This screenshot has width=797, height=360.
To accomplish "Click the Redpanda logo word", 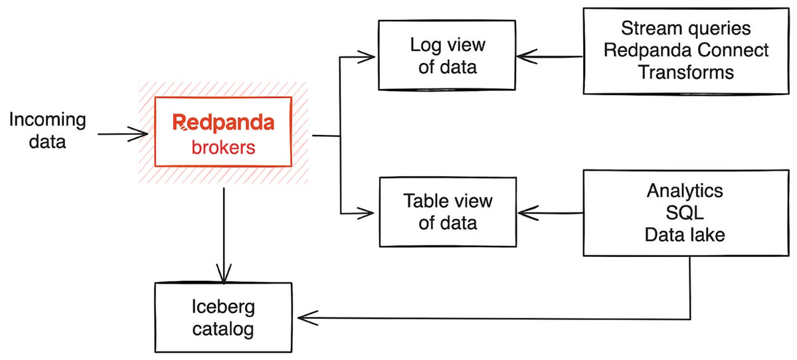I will click(222, 123).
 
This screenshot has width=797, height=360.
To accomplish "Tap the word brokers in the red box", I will click(223, 147).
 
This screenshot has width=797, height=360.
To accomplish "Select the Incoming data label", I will click(47, 131).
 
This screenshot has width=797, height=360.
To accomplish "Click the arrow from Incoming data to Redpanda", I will click(122, 135).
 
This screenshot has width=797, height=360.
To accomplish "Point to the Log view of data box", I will click(447, 56).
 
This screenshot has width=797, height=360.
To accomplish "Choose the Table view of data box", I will click(447, 212).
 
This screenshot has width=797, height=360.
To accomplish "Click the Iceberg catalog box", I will click(222, 317).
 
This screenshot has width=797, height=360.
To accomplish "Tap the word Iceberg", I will click(222, 307).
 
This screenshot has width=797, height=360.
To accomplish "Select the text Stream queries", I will click(686, 29).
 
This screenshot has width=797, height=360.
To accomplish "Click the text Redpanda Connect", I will click(686, 50).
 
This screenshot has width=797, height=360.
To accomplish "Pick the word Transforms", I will click(686, 72).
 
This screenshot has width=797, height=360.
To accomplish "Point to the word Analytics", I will click(684, 191).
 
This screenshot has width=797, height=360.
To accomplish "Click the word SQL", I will click(684, 212).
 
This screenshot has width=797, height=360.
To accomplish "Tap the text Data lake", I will click(684, 234).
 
